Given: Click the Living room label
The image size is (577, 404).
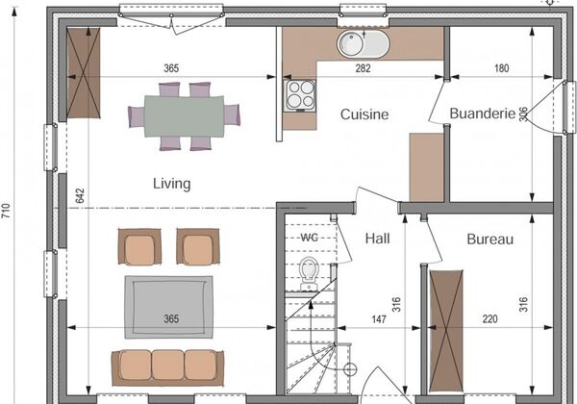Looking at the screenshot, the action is click(x=172, y=184).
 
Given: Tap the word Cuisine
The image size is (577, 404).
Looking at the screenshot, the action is click(x=364, y=114).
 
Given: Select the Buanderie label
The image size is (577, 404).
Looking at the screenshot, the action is click(x=483, y=114).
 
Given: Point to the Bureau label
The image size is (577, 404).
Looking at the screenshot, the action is click(x=489, y=240).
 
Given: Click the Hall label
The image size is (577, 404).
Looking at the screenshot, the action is click(x=377, y=239).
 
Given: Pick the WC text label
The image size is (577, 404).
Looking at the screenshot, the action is click(x=309, y=238).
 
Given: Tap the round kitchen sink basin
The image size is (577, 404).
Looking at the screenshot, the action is click(x=351, y=44).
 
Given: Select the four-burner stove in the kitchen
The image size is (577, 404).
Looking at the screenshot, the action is click(x=300, y=95).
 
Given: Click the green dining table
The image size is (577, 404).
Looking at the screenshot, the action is click(x=184, y=116).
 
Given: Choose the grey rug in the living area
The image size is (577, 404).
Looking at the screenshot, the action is click(x=169, y=307).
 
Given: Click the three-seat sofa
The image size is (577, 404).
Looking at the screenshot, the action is click(x=167, y=367).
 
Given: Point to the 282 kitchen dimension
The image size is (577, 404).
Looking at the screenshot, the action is click(x=363, y=68).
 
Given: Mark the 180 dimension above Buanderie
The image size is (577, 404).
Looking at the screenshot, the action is click(x=501, y=68).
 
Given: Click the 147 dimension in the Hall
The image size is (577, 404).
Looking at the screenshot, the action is click(x=379, y=319).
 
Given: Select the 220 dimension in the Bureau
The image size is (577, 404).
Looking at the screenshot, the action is click(x=489, y=319).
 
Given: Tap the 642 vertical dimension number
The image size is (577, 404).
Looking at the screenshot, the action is click(x=80, y=195).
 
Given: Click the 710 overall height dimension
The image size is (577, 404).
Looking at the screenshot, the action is click(x=7, y=211).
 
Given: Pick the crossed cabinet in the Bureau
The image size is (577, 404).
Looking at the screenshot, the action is click(x=446, y=331).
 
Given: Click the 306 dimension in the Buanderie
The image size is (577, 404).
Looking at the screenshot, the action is click(x=523, y=114).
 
